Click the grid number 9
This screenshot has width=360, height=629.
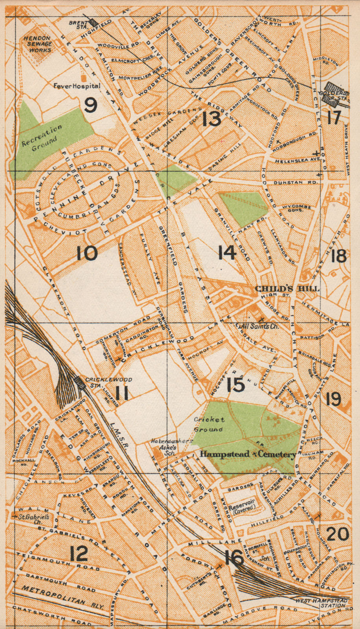[x=90, y=105]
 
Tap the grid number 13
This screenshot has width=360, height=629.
[x=212, y=118]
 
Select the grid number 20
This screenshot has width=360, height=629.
[x=338, y=534]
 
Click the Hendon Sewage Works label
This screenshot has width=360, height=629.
[x=37, y=44]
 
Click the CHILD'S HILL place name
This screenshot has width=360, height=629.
[x=287, y=289]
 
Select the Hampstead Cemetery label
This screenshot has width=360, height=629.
[x=248, y=454]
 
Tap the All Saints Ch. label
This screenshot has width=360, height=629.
[x=256, y=326]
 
